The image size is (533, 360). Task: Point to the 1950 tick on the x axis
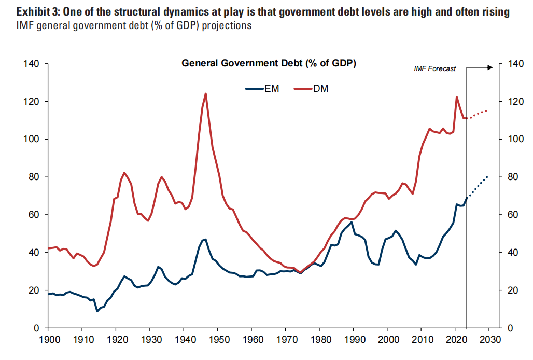point(218,340)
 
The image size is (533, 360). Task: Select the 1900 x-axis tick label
point(48,340)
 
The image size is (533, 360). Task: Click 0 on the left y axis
point(38,328)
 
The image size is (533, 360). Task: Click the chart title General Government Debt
point(269,63)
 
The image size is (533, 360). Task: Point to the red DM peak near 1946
point(206,94)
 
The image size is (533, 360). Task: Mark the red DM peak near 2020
point(457,97)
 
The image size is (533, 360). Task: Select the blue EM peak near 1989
point(352,222)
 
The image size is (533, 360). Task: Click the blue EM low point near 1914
point(96,311)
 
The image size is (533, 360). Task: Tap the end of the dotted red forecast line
point(487,110)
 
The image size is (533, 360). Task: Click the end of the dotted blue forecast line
point(487,177)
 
